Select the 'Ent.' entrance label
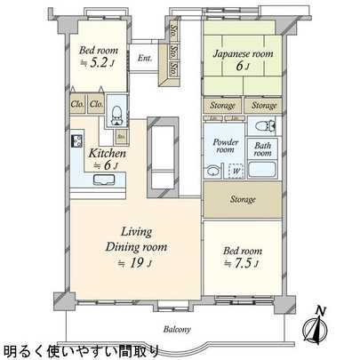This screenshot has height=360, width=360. pos(145,59)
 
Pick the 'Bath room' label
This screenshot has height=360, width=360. pos(264,148)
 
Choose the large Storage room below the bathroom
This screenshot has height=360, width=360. pos(244,200)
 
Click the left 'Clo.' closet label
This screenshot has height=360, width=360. pos(78,102)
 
